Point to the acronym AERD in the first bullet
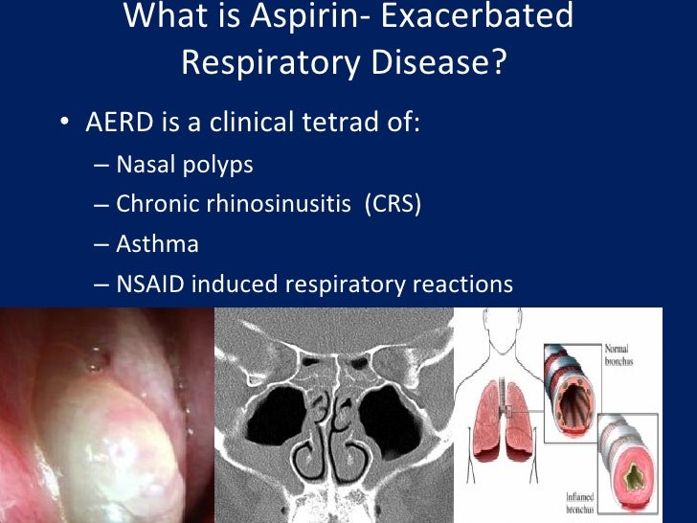coord(114,125)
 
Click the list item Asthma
coord(157,244)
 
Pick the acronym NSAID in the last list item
coord(148,284)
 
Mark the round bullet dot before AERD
coord(63,125)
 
